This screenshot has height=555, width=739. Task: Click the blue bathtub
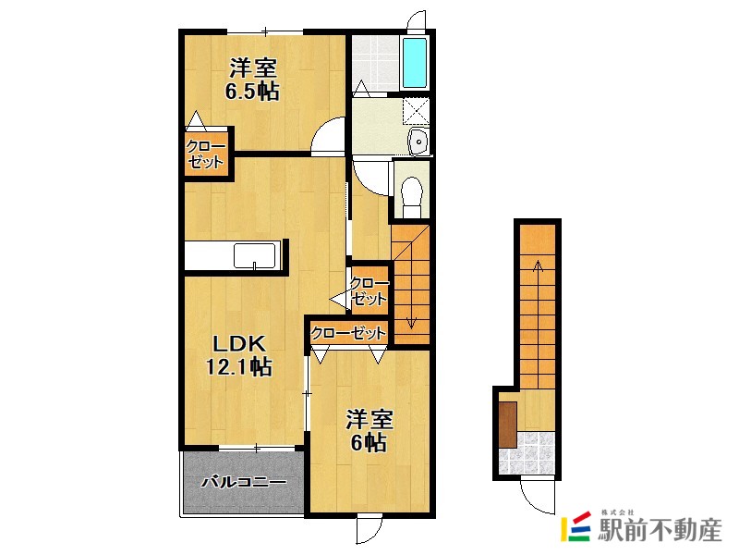tap(415, 63)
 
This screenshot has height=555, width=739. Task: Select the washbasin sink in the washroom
tap(418, 142)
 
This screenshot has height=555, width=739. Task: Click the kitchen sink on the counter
tap(255, 255)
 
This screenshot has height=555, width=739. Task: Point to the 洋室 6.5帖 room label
tap(252, 80)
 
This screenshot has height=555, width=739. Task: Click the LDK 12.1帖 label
tap(239, 355)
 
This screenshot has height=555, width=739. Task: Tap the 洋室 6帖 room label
tap(369, 431)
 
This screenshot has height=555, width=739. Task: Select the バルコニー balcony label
tap(244, 482)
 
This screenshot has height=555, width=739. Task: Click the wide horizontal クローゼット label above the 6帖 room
tap(348, 334)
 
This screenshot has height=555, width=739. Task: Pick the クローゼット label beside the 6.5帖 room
tap(206, 154)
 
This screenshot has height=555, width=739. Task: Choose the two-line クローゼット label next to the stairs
tap(369, 290)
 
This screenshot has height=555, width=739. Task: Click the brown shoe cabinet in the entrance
tap(508, 425)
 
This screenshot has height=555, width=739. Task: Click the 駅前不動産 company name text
tap(660, 530)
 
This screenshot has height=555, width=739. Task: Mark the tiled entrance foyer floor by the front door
tap(527, 453)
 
